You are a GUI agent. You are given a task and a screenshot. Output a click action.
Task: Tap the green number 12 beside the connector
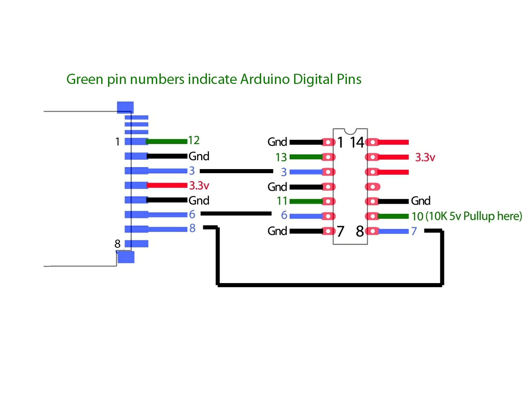(193, 140)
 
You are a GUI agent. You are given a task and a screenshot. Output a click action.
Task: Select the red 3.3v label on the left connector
(199, 185)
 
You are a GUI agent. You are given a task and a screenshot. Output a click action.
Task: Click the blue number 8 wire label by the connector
(192, 228)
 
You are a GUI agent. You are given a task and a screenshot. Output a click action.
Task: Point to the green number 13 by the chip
(281, 157)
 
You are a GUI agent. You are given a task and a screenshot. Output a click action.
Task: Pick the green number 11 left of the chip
(282, 201)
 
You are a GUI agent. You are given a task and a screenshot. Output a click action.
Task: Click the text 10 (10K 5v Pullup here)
(466, 216)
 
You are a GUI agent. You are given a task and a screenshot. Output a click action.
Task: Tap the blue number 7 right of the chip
(414, 231)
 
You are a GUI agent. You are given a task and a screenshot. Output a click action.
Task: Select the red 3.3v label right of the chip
(425, 157)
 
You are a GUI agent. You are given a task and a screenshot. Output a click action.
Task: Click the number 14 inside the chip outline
(357, 142)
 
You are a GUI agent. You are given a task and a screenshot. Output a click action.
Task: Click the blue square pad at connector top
(125, 108)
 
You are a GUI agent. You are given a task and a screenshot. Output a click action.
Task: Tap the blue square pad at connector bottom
(126, 257)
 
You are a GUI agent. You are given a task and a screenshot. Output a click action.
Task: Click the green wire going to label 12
(166, 142)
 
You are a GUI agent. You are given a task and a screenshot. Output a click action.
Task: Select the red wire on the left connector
(167, 185)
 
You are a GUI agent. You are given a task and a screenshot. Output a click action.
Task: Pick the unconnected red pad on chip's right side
(373, 187)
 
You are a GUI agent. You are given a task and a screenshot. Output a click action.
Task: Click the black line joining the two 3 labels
(236, 171)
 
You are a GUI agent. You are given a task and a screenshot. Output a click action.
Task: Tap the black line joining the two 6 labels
(236, 214)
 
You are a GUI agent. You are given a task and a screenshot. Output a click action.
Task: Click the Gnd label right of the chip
(421, 201)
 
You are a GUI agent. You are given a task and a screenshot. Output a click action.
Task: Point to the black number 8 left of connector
(118, 244)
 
